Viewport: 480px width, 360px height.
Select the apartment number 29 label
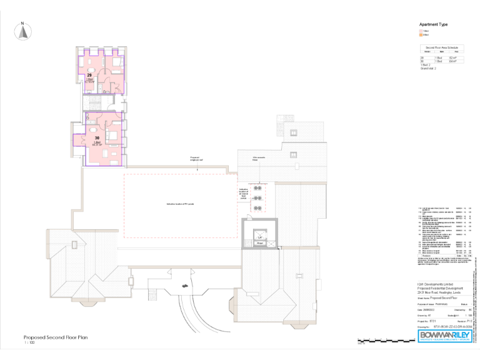[89, 74]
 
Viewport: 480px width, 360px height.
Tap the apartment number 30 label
[97, 137]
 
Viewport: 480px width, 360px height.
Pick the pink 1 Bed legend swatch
[421, 31]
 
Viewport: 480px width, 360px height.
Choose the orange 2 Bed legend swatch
[421, 34]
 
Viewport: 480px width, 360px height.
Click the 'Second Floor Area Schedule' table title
[442, 47]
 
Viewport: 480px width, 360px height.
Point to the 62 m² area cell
[453, 57]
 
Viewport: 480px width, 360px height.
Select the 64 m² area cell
[453, 61]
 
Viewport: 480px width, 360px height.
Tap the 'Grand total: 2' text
[429, 68]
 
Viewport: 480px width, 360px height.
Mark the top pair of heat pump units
[256, 188]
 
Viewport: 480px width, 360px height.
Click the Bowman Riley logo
[443, 336]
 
